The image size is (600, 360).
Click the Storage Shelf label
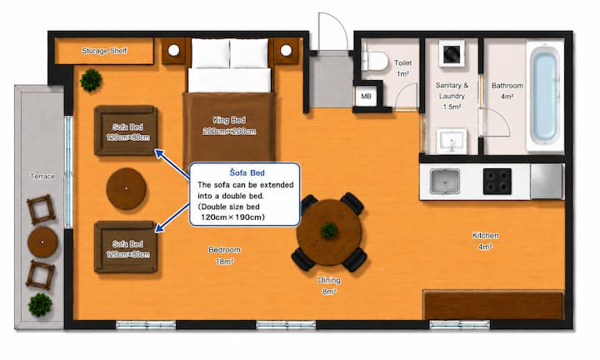point(104,51)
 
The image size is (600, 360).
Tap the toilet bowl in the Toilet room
point(374,61)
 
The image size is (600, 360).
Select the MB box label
point(366,97)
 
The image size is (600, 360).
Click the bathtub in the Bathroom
point(545,97)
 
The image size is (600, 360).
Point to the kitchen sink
point(445,182)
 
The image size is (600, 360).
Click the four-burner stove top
point(497,182)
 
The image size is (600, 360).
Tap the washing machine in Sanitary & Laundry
point(452,53)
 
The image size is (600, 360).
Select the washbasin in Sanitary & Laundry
point(452,141)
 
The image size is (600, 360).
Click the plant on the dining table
point(329,231)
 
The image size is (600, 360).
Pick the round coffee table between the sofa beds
point(127,188)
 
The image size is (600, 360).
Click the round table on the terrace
point(42,242)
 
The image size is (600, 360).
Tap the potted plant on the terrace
point(40,305)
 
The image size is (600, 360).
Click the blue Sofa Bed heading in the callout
point(247,173)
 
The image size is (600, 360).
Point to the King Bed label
point(229,120)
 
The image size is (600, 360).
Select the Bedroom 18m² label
point(225,256)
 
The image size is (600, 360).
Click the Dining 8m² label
point(329,286)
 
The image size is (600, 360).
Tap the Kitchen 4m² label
point(485,241)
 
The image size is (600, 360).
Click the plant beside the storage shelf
point(91,80)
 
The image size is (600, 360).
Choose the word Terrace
point(42,177)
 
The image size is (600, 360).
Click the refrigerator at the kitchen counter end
point(547,182)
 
